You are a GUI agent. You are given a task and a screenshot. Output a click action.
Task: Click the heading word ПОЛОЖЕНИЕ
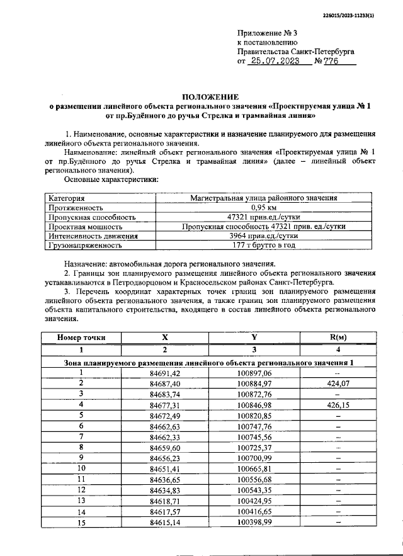[x=210, y=96]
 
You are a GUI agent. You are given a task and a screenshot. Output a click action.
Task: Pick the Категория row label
[x=67, y=198]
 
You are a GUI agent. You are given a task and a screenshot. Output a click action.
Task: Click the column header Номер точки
[x=81, y=338]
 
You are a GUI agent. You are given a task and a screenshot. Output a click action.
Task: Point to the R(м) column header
[x=338, y=338]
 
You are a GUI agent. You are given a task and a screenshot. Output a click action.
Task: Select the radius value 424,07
[x=338, y=383]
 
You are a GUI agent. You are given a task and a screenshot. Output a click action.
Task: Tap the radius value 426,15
[x=338, y=406]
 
